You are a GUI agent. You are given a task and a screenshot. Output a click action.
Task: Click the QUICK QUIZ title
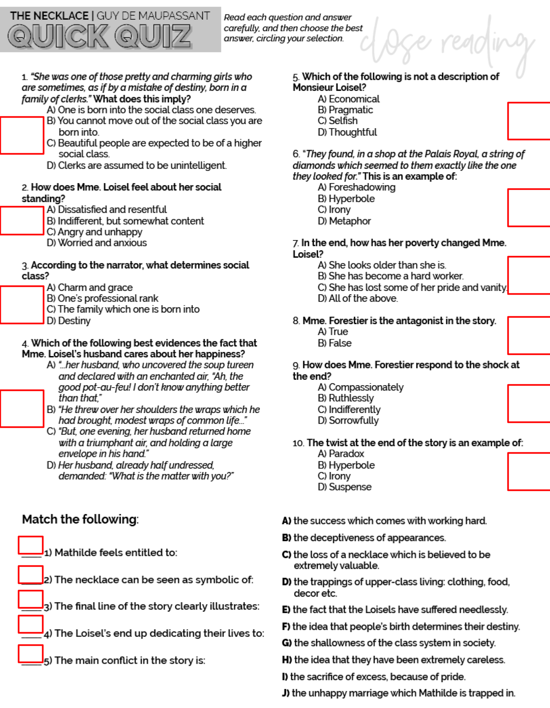click(99, 36)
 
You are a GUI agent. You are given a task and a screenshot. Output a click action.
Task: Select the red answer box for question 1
click(22, 136)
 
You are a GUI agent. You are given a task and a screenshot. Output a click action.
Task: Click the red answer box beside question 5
click(528, 121)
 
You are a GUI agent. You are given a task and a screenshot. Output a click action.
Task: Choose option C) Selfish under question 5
click(338, 121)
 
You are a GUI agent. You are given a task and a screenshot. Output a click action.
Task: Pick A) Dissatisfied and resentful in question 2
click(107, 209)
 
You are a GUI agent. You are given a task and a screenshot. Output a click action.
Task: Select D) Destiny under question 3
click(69, 321)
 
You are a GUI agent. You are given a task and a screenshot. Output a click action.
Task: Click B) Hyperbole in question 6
click(346, 199)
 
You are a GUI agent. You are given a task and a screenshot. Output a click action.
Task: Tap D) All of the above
click(358, 299)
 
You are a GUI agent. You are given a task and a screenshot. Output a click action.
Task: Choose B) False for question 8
click(335, 343)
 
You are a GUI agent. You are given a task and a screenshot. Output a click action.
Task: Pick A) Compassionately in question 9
click(361, 387)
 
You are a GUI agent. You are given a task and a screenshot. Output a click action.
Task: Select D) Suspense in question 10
click(345, 487)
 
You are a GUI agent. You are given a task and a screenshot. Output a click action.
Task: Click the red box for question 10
click(528, 472)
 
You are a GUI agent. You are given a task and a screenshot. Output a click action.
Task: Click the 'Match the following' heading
click(80, 520)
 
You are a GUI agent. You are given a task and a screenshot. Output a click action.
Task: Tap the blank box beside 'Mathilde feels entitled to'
click(31, 545)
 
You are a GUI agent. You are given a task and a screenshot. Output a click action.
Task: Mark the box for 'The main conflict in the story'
click(31, 654)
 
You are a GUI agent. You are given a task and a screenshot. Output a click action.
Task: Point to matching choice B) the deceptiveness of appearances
click(364, 538)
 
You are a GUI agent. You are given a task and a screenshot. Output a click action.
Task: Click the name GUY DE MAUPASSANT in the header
click(153, 16)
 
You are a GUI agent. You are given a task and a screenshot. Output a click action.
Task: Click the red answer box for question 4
click(22, 408)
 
